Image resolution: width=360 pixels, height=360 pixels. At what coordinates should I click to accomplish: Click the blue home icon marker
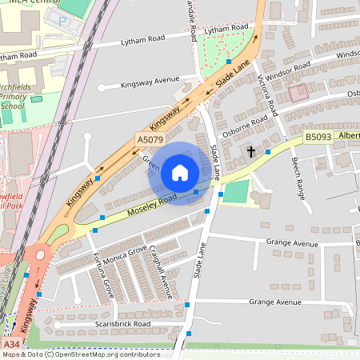[x=180, y=173]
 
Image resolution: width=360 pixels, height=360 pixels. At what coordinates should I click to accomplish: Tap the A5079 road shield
[x=150, y=139]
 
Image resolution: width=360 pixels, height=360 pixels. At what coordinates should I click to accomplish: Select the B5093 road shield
[x=317, y=138]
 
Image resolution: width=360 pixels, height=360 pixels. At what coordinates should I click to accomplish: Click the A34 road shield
[x=11, y=344]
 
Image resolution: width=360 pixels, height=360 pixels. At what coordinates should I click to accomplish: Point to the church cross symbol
[x=250, y=151]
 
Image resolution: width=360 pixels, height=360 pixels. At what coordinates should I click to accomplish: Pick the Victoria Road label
[x=266, y=94]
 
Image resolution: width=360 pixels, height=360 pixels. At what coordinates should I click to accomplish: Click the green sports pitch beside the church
[x=235, y=192]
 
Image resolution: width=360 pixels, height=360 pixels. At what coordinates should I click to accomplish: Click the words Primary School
[x=13, y=100]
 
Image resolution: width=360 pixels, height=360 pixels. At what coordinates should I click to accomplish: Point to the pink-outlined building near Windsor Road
[x=298, y=93]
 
